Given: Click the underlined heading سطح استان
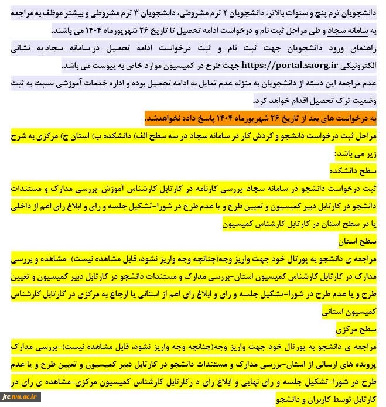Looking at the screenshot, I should point(364,240).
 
